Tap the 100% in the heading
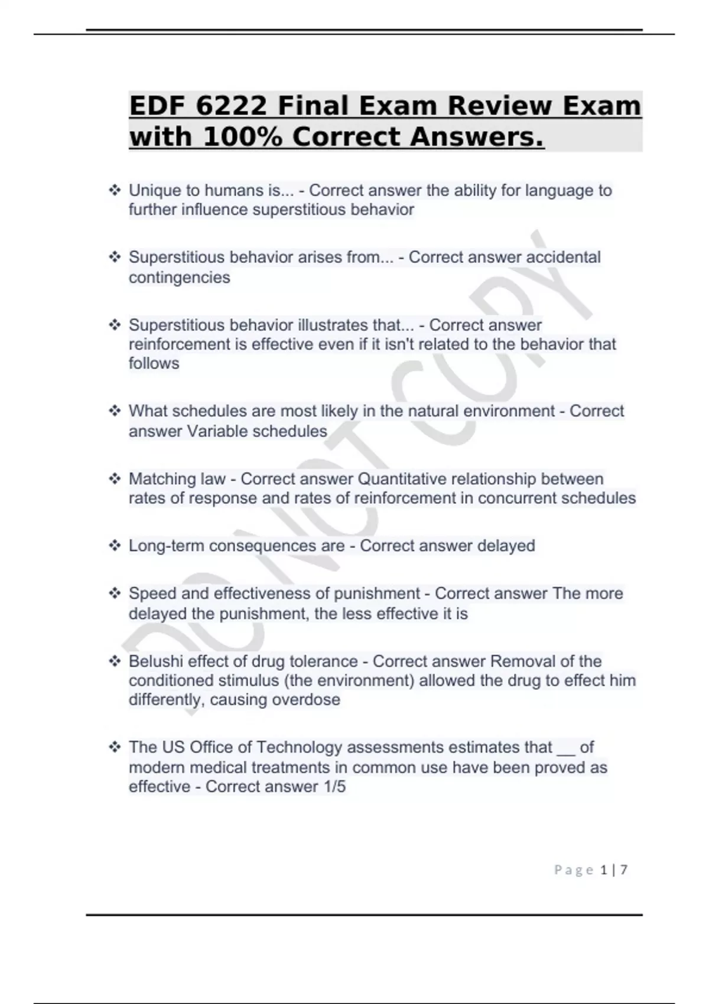(x=242, y=138)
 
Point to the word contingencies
(x=180, y=278)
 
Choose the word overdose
(x=312, y=700)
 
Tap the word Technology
(x=300, y=748)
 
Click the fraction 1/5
(x=334, y=787)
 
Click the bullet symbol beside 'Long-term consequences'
(x=115, y=546)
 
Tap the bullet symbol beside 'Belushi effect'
(x=115, y=661)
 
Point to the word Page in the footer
(x=574, y=870)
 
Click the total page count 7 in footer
(x=624, y=870)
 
